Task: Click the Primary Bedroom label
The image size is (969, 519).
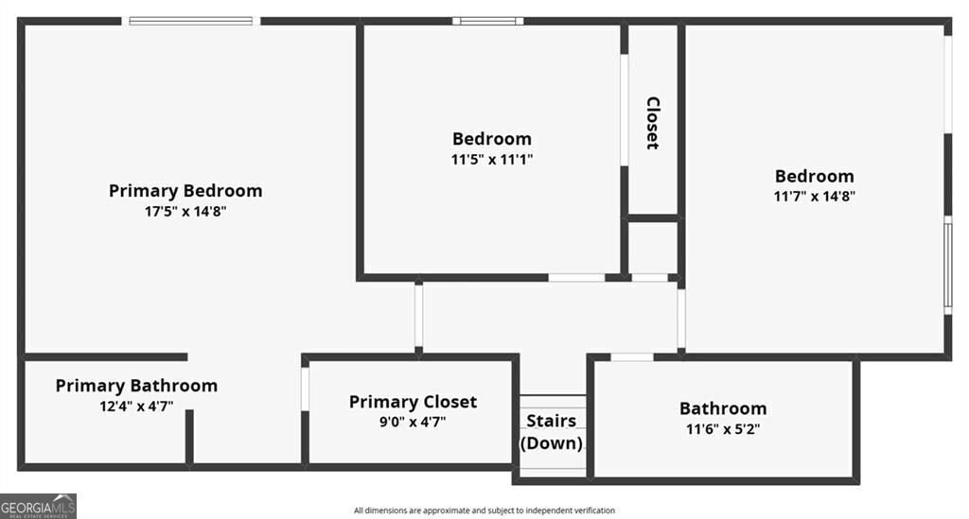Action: [x=185, y=191]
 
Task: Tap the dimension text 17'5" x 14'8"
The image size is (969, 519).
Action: [x=185, y=212]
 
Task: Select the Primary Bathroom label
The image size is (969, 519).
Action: [x=136, y=386]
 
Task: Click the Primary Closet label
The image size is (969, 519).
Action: [x=413, y=402]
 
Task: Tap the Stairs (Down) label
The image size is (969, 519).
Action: [x=552, y=432]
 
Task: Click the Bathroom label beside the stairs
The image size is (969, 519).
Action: [x=723, y=408]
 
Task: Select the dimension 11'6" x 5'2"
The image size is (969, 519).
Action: [x=723, y=428]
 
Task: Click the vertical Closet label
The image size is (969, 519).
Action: [x=653, y=123]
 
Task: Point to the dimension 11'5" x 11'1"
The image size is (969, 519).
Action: [x=492, y=160]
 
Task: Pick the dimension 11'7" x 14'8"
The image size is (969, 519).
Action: [x=815, y=197]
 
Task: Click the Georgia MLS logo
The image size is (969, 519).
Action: [x=39, y=506]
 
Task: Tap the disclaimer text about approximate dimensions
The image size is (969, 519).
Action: [x=484, y=510]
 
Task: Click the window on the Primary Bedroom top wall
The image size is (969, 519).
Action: [x=193, y=20]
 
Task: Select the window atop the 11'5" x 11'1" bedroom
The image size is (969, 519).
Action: [x=487, y=20]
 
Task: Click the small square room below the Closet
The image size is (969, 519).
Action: [x=653, y=248]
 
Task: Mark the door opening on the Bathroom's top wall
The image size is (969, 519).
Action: [x=631, y=356]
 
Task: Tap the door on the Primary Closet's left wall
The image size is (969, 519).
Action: [x=305, y=389]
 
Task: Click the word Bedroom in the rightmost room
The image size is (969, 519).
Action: [x=815, y=176]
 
